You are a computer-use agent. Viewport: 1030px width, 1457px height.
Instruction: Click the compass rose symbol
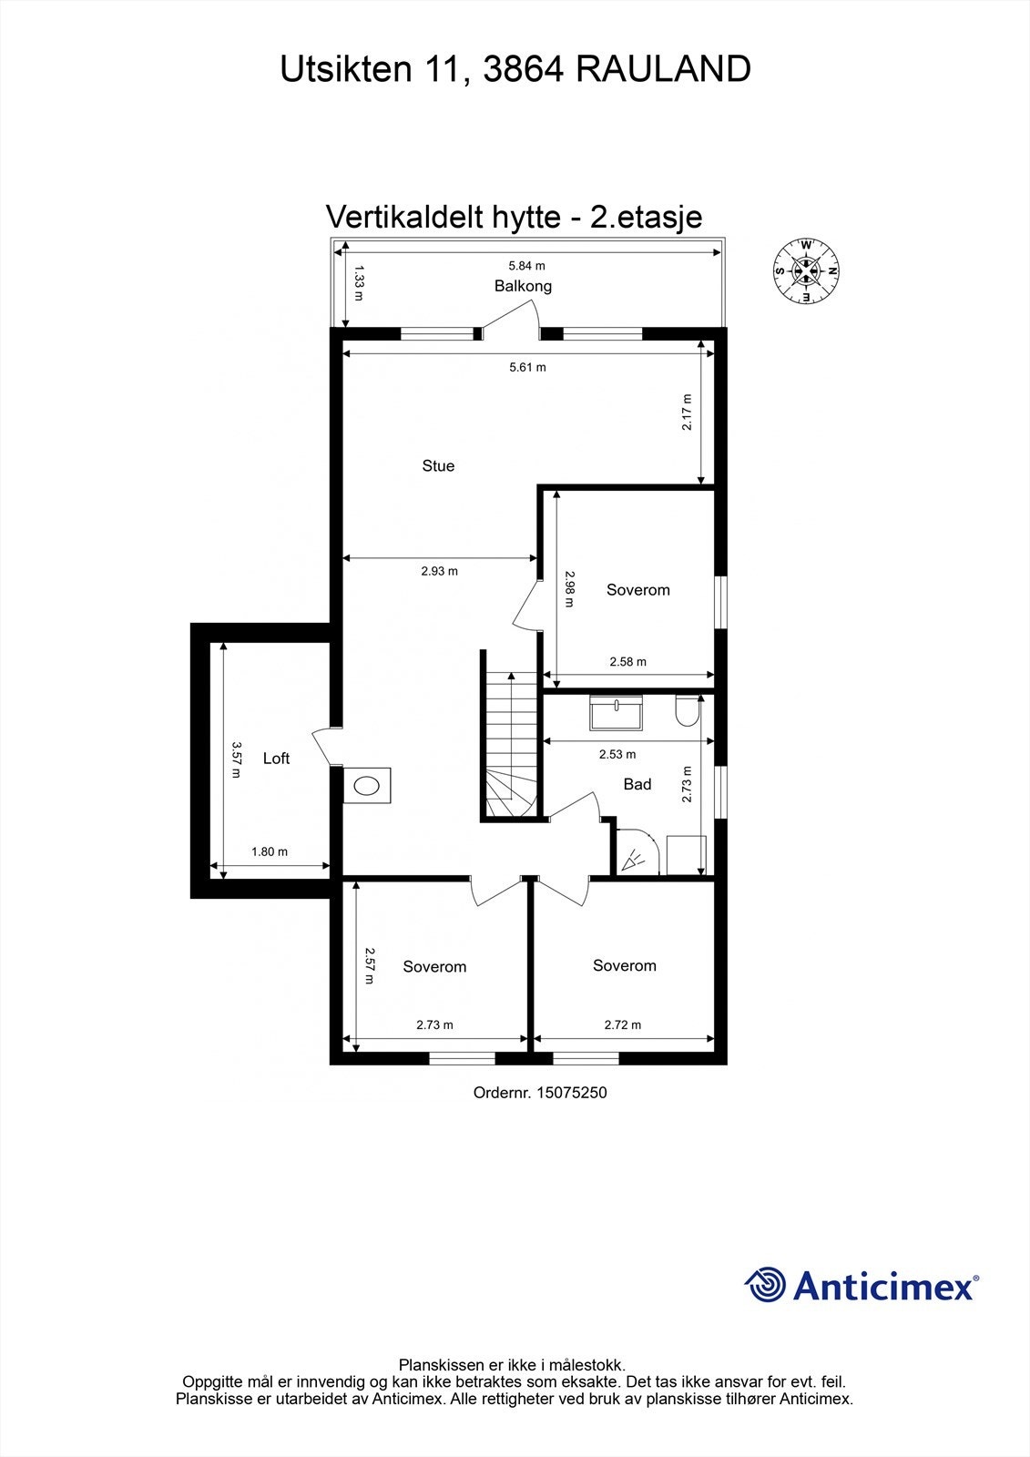pos(806,270)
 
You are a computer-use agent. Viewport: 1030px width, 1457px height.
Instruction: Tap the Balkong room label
pos(523,286)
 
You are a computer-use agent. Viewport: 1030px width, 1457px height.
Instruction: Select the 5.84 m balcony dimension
pos(526,266)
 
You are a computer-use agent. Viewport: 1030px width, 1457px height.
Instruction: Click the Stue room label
pos(438,465)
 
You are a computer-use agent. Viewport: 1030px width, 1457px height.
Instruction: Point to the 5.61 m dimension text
pos(528,367)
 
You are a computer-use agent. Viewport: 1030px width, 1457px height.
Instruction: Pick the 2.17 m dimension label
pos(688,412)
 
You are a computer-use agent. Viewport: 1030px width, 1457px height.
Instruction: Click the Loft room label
pos(276,759)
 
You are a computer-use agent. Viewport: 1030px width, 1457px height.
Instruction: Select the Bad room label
pos(637,784)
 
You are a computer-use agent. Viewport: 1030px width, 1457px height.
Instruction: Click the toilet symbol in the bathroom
pos(687,712)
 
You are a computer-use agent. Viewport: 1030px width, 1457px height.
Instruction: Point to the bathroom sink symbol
pos(617,712)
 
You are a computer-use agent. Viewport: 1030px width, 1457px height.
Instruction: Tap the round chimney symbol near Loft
pos(368,786)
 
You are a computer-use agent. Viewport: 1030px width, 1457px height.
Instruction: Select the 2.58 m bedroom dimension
pos(627,662)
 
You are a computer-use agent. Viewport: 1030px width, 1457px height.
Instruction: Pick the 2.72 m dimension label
pos(623,1024)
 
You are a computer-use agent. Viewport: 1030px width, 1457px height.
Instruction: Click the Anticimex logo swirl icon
pos(766,1285)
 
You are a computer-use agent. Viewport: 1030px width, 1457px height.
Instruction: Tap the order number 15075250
pos(571,1092)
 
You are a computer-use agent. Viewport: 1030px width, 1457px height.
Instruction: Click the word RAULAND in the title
pos(664,69)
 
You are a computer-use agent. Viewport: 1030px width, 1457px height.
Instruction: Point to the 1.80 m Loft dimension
pos(270,852)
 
